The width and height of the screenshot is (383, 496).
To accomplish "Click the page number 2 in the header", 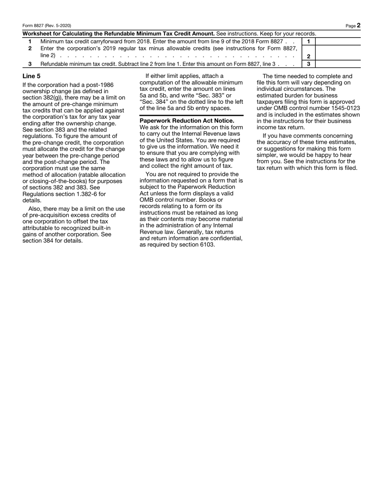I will click(x=358, y=25).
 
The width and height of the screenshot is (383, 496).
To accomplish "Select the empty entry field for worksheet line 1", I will click(x=337, y=41).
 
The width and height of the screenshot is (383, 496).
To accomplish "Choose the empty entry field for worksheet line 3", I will click(x=337, y=64).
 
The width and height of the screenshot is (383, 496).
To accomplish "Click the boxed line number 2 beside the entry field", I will click(x=308, y=57).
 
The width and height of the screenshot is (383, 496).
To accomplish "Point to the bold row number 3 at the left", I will click(x=30, y=64).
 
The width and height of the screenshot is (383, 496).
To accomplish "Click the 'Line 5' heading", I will click(x=31, y=76).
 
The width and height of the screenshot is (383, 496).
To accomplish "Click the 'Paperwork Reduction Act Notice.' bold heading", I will click(x=187, y=121).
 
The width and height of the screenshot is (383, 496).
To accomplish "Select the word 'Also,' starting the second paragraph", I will click(x=35, y=209).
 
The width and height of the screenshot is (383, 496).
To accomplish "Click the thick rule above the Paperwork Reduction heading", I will click(x=191, y=115).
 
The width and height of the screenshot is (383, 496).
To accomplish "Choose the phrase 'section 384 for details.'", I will click(x=53, y=241).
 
